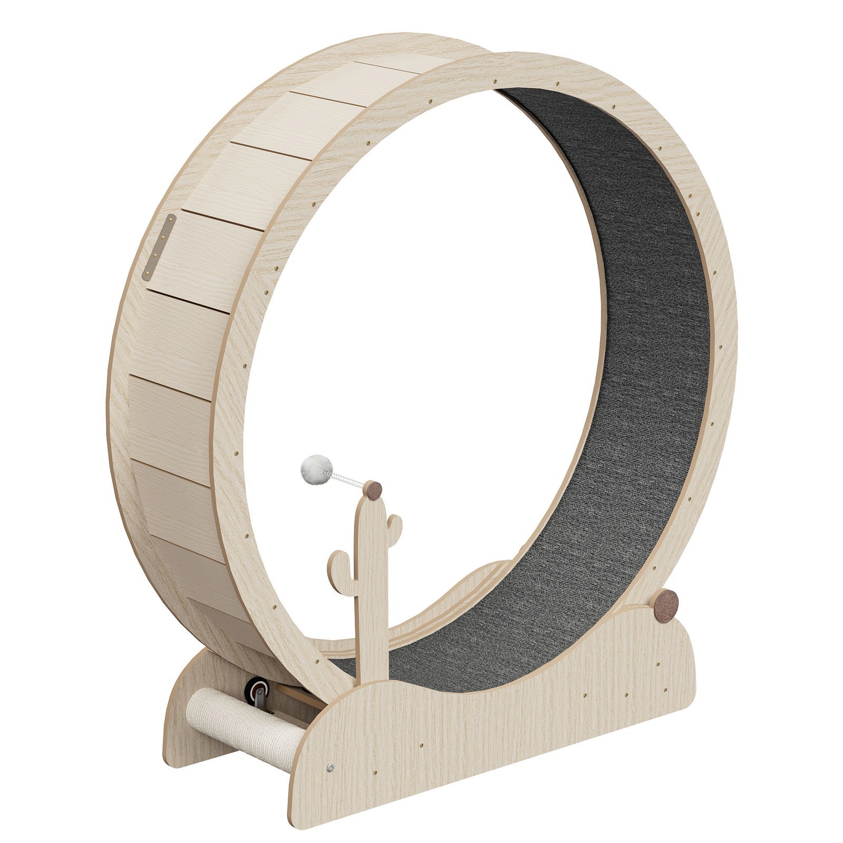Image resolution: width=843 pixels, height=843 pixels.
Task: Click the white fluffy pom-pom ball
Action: (x=316, y=466)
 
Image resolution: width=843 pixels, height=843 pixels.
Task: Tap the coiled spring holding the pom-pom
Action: (x=346, y=479)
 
